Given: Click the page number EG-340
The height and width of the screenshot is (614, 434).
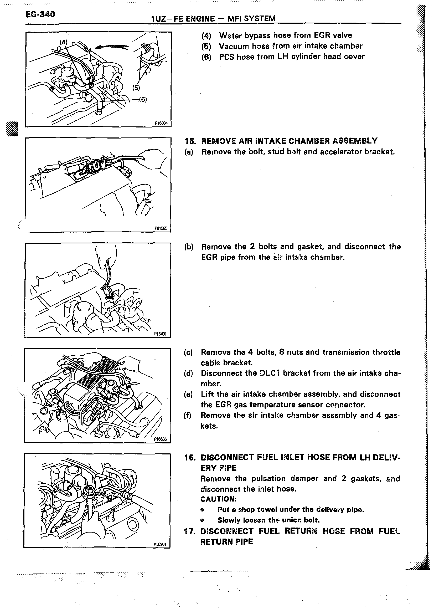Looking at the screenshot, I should point(40,14).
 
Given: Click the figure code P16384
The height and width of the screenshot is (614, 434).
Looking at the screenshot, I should point(161,124).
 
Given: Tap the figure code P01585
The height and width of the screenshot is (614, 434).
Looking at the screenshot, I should point(161,228).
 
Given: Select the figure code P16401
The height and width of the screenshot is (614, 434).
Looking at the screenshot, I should point(160,334).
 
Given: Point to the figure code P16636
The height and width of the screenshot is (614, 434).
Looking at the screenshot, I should point(160,439).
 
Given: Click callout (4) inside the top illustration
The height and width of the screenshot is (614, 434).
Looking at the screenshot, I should point(64,42).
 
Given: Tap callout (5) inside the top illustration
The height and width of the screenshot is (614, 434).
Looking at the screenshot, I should point(136,88).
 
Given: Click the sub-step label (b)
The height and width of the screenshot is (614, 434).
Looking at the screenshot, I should point(189,247).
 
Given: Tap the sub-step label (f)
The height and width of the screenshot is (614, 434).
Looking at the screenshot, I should point(188,415).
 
